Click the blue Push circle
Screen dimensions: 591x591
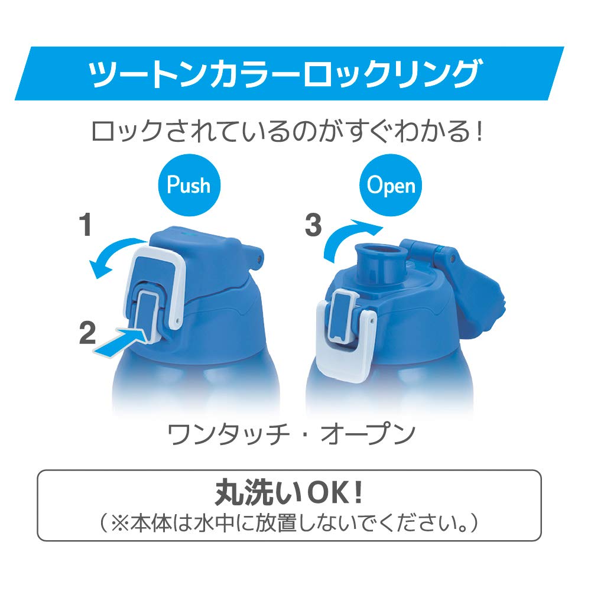point(189,184)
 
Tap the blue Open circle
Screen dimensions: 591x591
point(391,184)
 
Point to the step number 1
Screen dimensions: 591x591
point(86,225)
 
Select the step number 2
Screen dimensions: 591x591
point(87,332)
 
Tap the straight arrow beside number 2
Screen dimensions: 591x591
point(120,342)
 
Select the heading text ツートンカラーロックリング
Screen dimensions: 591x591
point(285,73)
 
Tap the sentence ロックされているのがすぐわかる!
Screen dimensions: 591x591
point(287,131)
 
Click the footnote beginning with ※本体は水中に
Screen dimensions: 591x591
point(289,523)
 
